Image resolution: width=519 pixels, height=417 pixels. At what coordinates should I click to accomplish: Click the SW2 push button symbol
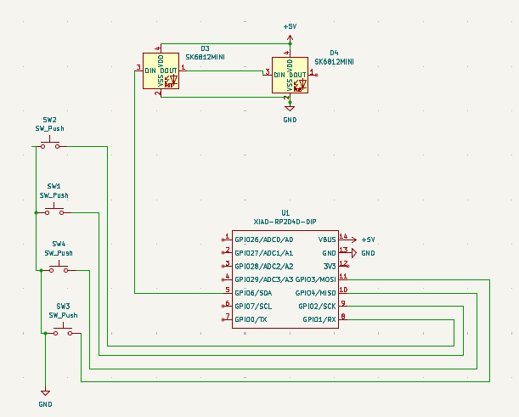click(x=50, y=145)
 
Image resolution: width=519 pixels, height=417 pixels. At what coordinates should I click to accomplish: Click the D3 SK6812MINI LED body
click(x=161, y=70)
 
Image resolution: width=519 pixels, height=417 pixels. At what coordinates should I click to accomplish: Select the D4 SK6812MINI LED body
click(x=290, y=75)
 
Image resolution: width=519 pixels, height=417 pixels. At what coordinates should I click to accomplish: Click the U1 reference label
click(x=285, y=212)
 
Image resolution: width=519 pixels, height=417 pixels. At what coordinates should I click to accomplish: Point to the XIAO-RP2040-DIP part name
click(x=285, y=221)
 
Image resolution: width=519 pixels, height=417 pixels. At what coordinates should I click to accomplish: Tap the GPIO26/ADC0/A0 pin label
click(x=264, y=239)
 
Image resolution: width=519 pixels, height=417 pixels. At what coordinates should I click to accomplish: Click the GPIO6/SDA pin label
click(x=253, y=291)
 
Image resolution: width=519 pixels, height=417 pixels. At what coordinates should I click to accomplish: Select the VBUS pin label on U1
click(x=327, y=239)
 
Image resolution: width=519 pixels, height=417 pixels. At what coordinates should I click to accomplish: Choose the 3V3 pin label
click(x=329, y=266)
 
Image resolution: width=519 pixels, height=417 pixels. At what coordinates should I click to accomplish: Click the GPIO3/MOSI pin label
click(x=316, y=279)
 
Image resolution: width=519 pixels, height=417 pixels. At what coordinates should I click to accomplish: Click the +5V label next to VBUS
click(x=369, y=239)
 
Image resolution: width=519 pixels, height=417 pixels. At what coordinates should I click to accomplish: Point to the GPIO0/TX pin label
click(x=251, y=318)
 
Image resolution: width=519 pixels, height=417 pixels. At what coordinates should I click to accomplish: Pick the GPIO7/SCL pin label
click(x=253, y=305)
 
